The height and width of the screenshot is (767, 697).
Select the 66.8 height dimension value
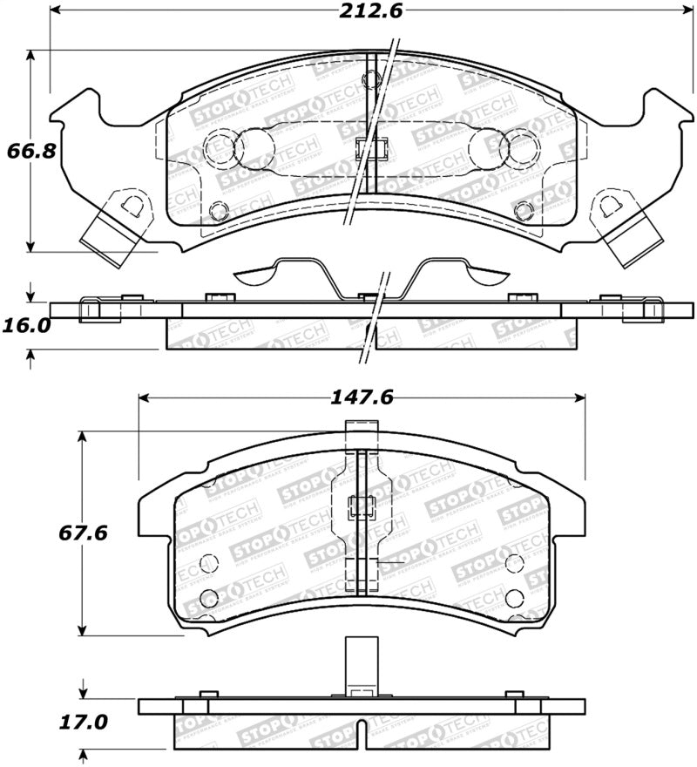point(31,150)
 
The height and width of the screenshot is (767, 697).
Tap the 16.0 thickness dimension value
point(25,325)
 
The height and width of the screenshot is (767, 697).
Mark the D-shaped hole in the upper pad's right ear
point(607,207)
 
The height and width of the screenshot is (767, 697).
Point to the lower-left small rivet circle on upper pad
point(220,210)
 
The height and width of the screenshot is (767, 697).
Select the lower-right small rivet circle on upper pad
point(523,210)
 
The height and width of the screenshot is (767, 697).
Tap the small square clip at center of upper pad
point(370,148)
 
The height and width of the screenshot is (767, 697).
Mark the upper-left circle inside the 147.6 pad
point(207,563)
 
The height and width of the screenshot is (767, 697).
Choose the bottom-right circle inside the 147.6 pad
point(514,597)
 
